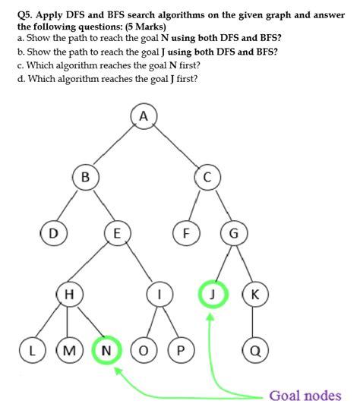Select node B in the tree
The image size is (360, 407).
pos(85,177)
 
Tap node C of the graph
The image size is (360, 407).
pos(205,177)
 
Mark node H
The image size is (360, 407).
pos(69,295)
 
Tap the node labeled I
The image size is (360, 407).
pos(159,295)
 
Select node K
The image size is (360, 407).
pos(255,295)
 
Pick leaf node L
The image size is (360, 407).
pos(31,351)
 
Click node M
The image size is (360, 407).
pos(69,351)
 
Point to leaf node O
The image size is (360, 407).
pos(144,351)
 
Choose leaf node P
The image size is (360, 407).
pos(180,351)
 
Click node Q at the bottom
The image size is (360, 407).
pos(255,351)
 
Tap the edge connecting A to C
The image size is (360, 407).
pos(175,147)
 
